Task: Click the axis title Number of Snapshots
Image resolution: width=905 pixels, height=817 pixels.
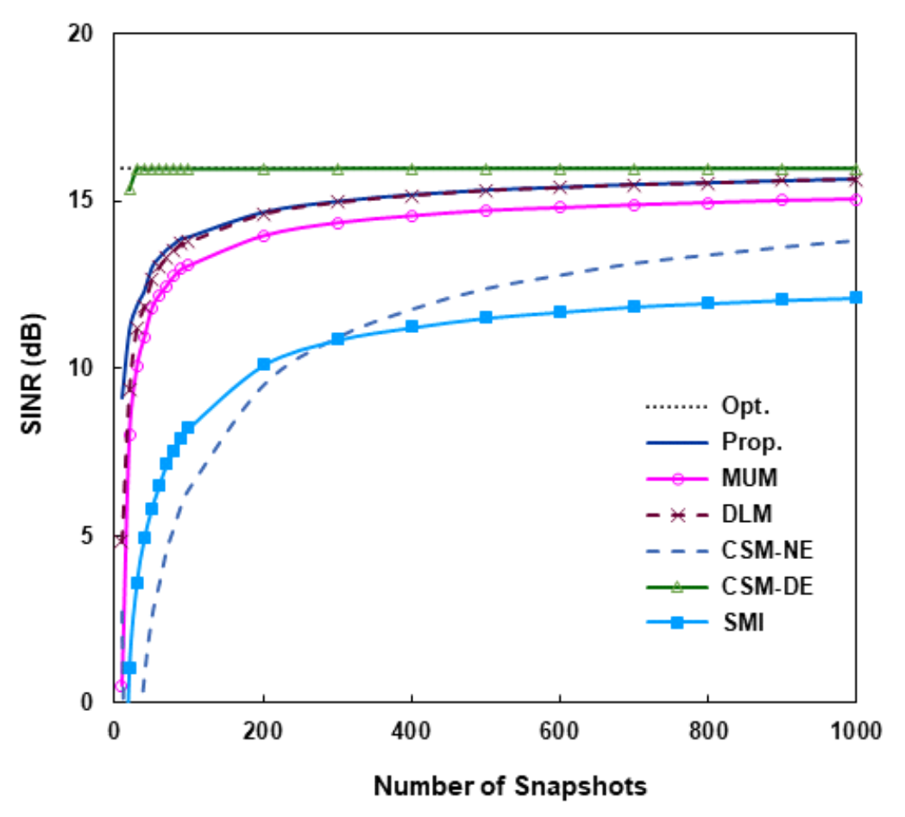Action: [x=510, y=787]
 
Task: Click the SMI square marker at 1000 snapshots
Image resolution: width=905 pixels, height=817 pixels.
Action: [x=856, y=298]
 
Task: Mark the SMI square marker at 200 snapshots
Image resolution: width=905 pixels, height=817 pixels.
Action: [x=264, y=365]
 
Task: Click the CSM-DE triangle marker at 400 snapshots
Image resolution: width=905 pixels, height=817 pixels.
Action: [x=412, y=168]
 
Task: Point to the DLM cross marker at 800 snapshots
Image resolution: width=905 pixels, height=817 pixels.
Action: [x=707, y=183]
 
